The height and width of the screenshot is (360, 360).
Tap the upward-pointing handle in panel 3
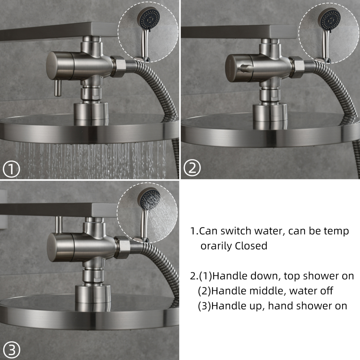coord(58,225)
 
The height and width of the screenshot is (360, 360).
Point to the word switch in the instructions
coord(234,231)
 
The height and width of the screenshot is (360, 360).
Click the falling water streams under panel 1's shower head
coord(90,158)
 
